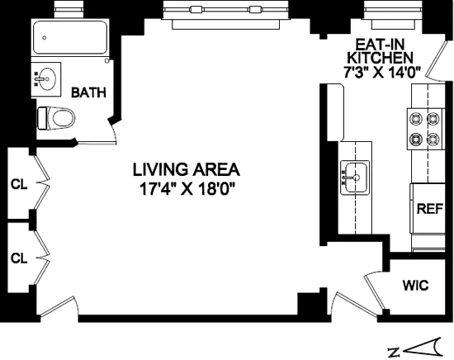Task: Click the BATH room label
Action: [x=88, y=92]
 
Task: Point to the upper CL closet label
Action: [x=19, y=185]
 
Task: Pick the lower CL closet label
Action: [x=19, y=258]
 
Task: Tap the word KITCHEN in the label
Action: [x=380, y=59]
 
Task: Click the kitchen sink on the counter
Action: [x=355, y=175]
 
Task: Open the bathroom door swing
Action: [x=110, y=132]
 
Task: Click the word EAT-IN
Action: [x=379, y=45]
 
